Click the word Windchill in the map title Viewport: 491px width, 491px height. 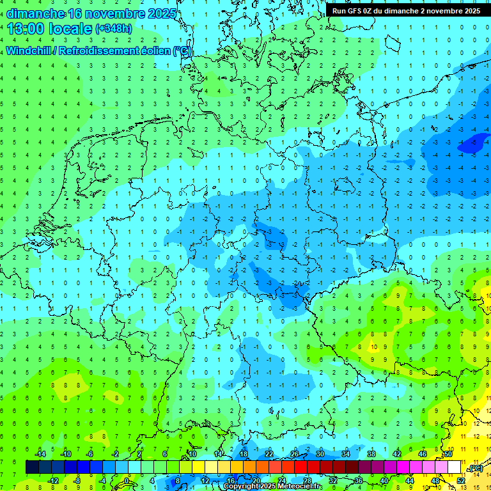[29, 51]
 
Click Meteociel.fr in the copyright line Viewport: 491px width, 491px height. [296, 487]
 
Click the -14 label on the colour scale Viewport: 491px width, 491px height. [40, 454]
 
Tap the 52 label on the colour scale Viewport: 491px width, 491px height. [460, 480]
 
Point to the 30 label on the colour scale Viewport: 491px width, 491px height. [320, 454]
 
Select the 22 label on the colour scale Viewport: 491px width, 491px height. [269, 454]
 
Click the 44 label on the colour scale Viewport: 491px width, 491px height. [409, 480]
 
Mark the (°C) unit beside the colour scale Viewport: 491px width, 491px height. [476, 469]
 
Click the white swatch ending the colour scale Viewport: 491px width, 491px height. [454, 467]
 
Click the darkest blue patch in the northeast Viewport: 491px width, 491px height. [472, 144]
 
